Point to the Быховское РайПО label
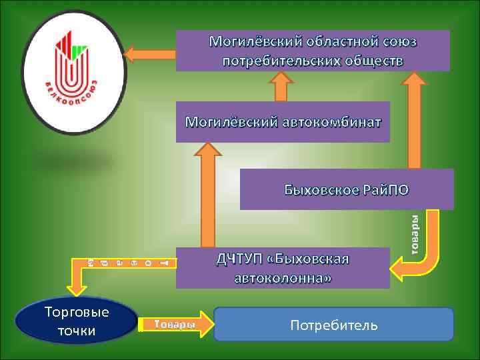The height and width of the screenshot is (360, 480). point(346,189)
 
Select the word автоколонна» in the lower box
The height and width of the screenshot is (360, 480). point(282,277)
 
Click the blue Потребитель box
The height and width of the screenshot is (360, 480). point(333,325)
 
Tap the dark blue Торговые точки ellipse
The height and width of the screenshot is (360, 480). point(75,321)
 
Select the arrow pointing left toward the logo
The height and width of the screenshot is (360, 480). point(149,52)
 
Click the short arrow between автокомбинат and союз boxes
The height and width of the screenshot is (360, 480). point(281,86)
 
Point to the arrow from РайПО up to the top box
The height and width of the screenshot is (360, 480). point(414,120)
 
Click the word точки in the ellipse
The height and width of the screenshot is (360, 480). point(75,331)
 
